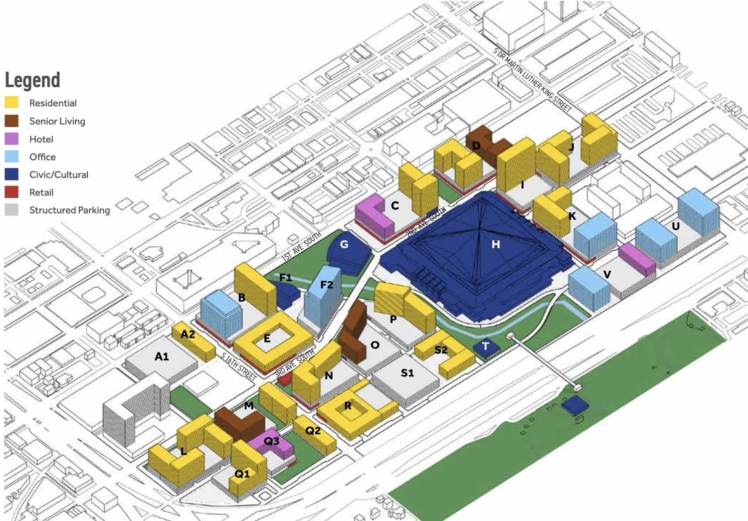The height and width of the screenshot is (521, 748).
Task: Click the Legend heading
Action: click(32, 80)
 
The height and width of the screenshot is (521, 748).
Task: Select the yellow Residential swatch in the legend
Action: click(11, 103)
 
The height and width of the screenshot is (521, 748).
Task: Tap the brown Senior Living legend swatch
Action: click(11, 121)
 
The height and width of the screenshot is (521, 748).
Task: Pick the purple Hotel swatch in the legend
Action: click(11, 139)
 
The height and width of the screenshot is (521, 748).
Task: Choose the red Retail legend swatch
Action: click(11, 192)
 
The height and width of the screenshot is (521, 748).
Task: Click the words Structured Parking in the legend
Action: click(69, 210)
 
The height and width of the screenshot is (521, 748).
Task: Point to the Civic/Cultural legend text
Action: click(58, 174)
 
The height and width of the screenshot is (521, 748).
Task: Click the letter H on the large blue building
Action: click(495, 244)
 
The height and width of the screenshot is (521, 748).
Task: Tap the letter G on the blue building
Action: click(344, 244)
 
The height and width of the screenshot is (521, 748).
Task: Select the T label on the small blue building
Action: click(485, 346)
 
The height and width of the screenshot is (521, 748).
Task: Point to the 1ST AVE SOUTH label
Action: click(302, 246)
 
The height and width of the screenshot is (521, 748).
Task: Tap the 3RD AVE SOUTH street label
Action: click(295, 362)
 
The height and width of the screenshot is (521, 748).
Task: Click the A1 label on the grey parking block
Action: click(162, 356)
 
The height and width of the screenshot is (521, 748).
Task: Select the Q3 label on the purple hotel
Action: click(271, 441)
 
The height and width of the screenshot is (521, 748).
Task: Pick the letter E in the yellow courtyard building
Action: click(267, 339)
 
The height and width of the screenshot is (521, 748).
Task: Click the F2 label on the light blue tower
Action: click(327, 285)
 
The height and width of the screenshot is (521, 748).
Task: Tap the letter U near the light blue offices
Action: click(676, 226)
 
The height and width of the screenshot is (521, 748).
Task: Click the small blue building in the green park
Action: click(575, 405)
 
